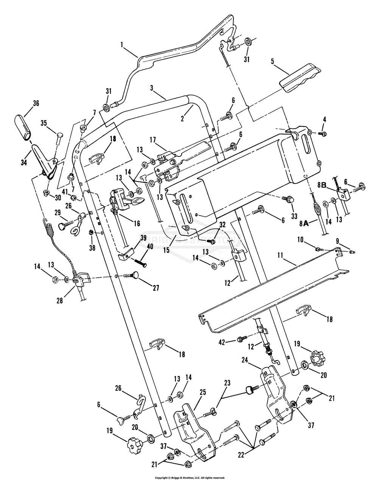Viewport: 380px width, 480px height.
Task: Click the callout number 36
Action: tap(26, 103)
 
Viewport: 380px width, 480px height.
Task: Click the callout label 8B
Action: tap(322, 185)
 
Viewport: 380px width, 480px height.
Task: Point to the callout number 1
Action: tap(122, 45)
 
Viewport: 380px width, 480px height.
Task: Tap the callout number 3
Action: tap(151, 88)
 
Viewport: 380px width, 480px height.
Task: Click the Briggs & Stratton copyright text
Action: tap(190, 478)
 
